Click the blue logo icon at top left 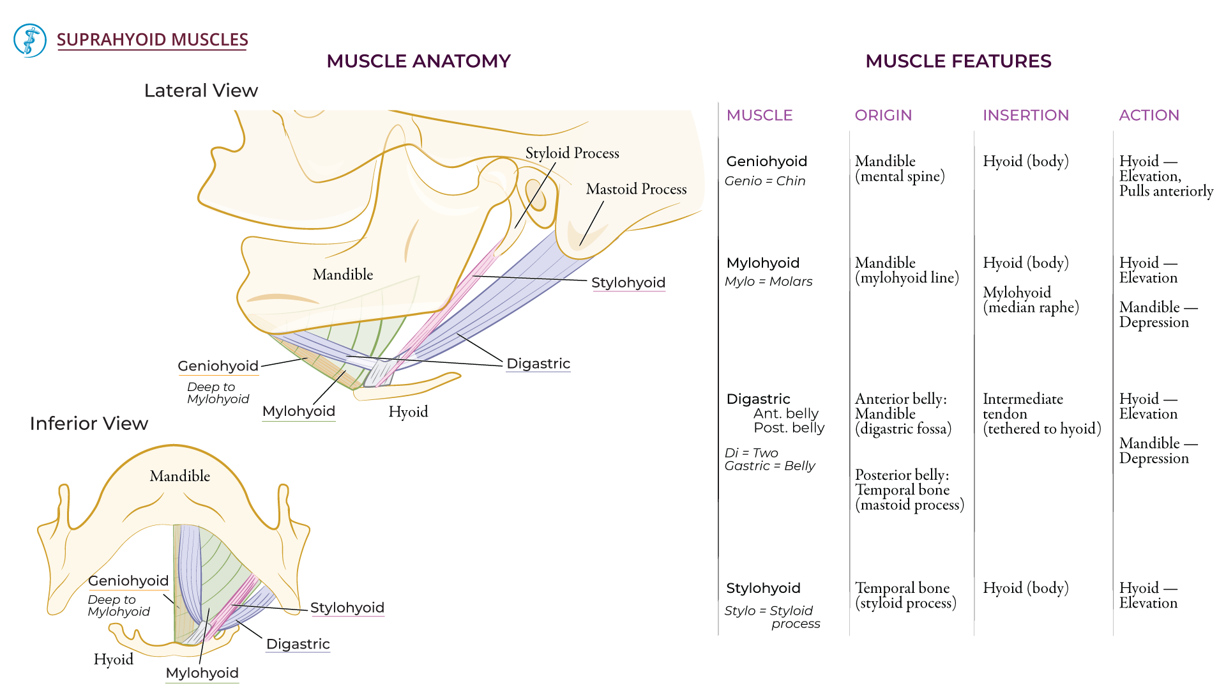point(30,40)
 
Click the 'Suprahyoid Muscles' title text point(152,40)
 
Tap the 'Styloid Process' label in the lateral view point(572,153)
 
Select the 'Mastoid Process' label point(636,189)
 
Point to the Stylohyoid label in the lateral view point(628,282)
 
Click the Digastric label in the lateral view point(538,364)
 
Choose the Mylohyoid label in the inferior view point(202,673)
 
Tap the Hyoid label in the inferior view point(113,659)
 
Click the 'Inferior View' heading point(89,424)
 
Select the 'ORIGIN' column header point(883,116)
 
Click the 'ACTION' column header point(1149,116)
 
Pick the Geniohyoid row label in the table point(766,162)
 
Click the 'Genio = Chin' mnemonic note point(764,181)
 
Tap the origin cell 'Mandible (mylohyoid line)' point(906,270)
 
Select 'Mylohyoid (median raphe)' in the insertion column point(1030,300)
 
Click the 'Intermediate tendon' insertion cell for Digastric point(1041,413)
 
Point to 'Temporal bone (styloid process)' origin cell point(905,595)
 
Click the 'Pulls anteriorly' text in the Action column point(1165,191)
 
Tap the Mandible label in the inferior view point(179,476)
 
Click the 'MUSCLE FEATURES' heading point(958,61)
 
